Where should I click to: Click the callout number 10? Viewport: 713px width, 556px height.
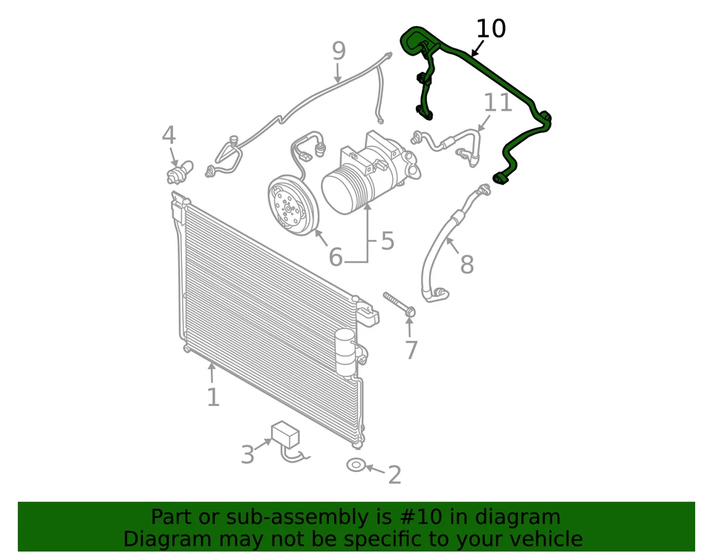490,29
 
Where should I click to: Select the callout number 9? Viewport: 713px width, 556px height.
339,51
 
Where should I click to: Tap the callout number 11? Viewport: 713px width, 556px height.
498,102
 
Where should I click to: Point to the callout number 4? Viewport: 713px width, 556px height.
169,136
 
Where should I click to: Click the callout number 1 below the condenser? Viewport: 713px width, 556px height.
212,397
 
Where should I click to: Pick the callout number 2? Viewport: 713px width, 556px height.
394,474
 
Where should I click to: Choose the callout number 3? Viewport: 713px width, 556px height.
247,454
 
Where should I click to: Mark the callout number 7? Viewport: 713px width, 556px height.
411,350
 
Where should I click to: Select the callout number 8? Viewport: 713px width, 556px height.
466,264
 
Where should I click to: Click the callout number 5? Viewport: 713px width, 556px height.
387,241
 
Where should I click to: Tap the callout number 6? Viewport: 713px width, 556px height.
336,258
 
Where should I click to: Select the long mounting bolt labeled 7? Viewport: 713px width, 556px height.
398,304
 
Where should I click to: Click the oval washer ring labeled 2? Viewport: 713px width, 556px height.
356,465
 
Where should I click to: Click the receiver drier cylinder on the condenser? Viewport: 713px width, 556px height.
345,353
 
